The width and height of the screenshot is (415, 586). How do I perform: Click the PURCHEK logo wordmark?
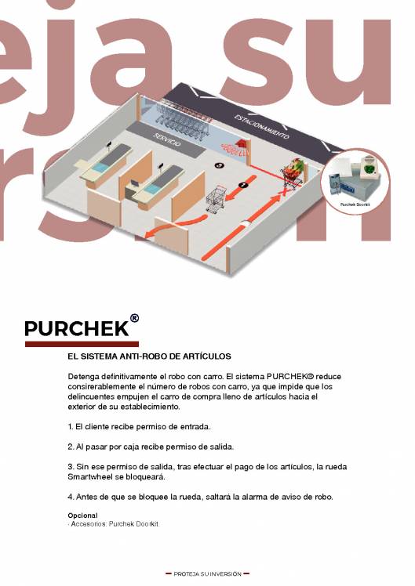(x=76, y=327)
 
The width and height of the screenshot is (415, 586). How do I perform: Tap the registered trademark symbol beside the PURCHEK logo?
(x=134, y=319)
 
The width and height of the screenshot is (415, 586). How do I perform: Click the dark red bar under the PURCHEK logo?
(x=82, y=344)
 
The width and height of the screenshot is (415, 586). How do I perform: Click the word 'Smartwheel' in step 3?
(x=92, y=477)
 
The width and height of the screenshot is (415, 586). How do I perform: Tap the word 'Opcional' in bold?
(x=83, y=515)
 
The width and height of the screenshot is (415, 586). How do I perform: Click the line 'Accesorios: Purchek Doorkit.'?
(x=115, y=523)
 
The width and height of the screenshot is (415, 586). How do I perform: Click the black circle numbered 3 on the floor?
(x=219, y=165)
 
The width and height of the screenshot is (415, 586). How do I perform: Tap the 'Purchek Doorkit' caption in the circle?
(x=355, y=205)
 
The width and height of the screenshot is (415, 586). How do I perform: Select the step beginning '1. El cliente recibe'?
(x=139, y=427)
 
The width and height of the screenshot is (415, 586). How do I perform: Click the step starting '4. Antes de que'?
(x=200, y=497)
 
